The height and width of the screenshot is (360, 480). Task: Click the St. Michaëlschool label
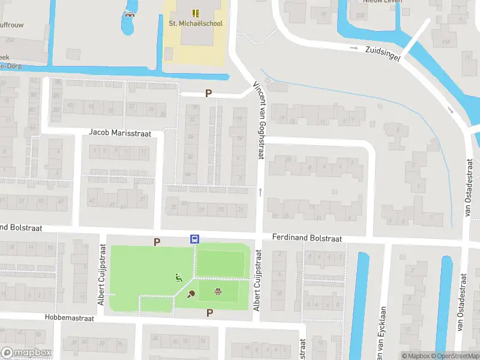tap(195, 23)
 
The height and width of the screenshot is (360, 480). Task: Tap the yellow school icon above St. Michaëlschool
tap(196, 13)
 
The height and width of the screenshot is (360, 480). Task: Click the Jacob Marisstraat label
tap(120, 132)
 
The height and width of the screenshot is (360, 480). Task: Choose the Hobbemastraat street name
tap(70, 318)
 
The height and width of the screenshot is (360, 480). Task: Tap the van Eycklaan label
tap(382, 334)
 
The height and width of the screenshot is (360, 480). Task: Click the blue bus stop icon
tap(195, 239)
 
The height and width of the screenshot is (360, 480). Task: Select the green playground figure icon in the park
tap(178, 278)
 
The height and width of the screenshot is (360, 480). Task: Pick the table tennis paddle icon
tap(191, 293)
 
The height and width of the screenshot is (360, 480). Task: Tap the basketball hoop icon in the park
tap(218, 292)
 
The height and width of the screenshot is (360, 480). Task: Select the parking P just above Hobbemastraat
tap(210, 313)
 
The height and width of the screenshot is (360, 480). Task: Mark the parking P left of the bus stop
tap(157, 242)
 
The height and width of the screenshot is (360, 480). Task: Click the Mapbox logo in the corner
tap(26, 353)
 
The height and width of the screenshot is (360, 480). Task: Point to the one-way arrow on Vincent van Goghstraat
tap(260, 192)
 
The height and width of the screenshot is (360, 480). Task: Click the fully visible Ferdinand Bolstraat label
tap(307, 238)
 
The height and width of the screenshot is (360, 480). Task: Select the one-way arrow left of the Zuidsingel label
tap(354, 48)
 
